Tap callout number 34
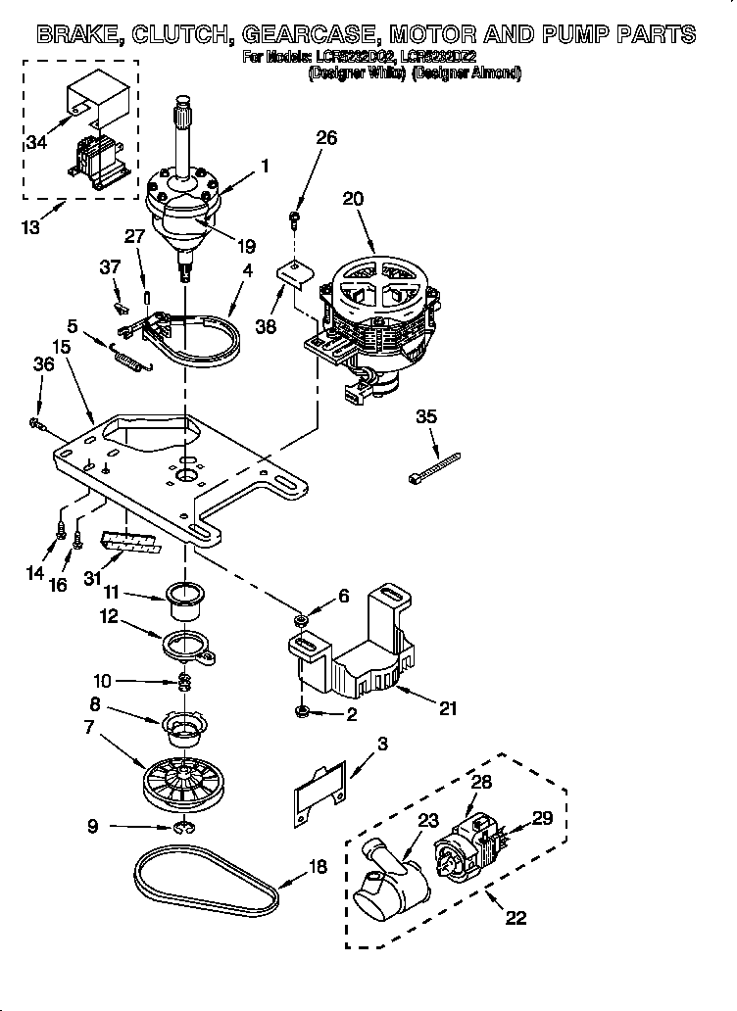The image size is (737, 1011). click(36, 143)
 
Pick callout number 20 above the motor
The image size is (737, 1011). click(353, 198)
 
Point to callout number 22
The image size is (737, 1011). click(514, 918)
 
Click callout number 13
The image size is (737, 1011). click(30, 229)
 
